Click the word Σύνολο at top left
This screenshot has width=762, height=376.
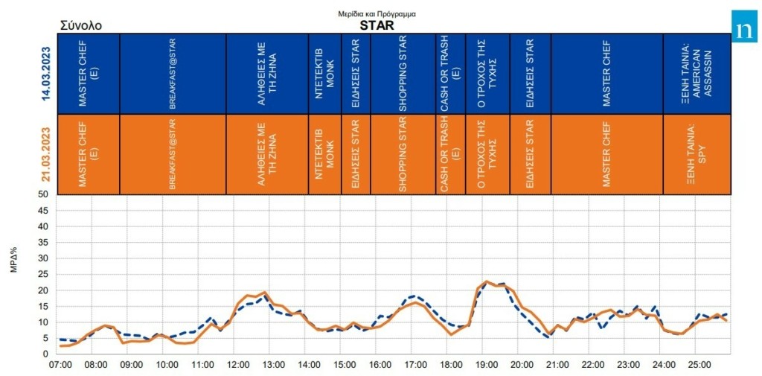click(x=80, y=25)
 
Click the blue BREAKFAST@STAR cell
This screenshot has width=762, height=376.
click(x=172, y=74)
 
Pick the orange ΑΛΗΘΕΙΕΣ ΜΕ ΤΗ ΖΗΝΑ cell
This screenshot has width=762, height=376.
click(x=266, y=154)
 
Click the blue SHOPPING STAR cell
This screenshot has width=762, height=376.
click(x=403, y=74)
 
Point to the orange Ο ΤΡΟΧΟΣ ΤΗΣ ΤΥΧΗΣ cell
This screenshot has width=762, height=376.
click(x=487, y=154)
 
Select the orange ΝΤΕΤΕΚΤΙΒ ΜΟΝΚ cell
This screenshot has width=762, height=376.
click(x=324, y=154)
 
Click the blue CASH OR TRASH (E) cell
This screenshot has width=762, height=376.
click(x=449, y=74)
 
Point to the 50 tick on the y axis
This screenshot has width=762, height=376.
click(x=43, y=194)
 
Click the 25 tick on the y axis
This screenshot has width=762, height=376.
click(x=43, y=275)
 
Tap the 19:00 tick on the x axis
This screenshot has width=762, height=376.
click(x=485, y=365)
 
